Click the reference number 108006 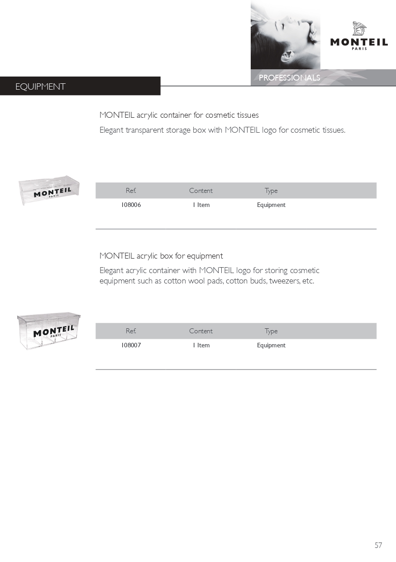click(x=131, y=205)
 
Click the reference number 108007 click(x=131, y=346)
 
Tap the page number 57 click(x=378, y=545)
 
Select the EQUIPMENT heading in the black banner click(x=40, y=87)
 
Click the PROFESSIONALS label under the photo click(x=289, y=78)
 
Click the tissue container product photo click(x=49, y=191)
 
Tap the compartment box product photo click(x=49, y=331)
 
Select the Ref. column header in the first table click(x=131, y=191)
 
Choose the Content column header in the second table click(x=200, y=331)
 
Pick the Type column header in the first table click(x=271, y=191)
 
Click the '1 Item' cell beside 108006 click(x=201, y=205)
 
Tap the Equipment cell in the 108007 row click(x=271, y=346)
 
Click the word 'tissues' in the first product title click(x=247, y=115)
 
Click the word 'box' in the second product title click(x=167, y=256)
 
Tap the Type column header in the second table click(x=271, y=331)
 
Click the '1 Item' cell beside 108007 click(x=201, y=346)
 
